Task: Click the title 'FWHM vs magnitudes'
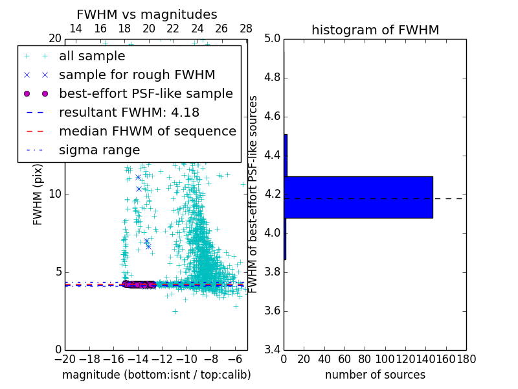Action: pos(146,15)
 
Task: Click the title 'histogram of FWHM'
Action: pos(375,30)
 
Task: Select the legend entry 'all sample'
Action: pos(92,56)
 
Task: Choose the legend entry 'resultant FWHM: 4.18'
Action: pos(129,112)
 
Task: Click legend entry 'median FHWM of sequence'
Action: pos(147,131)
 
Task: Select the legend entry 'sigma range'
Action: pos(99,150)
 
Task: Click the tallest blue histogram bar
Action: pos(358,197)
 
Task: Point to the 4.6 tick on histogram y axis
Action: pos(272,117)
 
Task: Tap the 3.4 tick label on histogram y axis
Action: pos(272,349)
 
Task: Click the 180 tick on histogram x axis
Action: pos(466,359)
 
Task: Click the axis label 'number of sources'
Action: pos(375,375)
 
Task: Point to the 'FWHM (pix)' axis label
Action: pos(38,194)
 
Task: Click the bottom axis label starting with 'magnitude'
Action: pos(156,375)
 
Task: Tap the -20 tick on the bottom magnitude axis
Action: pos(65,359)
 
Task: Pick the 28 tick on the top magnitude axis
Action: pos(246,29)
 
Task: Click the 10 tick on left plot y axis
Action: pos(54,194)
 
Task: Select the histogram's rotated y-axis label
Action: pos(254,194)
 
